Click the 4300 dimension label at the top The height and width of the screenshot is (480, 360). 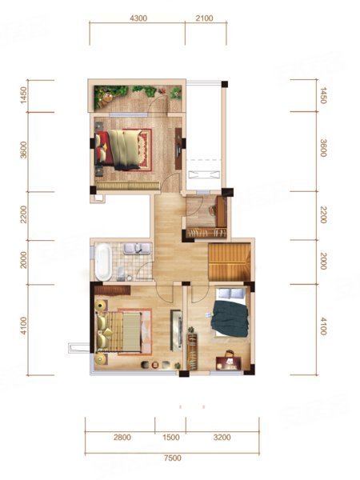point(138,18)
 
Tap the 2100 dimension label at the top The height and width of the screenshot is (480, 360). point(204,18)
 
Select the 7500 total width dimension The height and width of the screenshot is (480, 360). point(172,458)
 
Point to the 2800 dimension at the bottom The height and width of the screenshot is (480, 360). point(122,437)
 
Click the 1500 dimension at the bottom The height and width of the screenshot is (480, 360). point(171,437)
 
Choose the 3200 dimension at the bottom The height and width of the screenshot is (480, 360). point(222,437)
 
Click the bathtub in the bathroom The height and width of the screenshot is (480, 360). point(103,262)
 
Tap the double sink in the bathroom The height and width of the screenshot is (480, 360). point(138,248)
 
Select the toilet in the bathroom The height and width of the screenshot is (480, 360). point(122,274)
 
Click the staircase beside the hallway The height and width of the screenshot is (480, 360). point(230,262)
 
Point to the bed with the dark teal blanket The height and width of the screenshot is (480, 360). point(230,312)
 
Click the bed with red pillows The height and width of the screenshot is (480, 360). point(119,150)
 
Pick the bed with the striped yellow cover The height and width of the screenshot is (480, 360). point(118,332)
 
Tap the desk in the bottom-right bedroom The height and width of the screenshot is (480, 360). point(229,363)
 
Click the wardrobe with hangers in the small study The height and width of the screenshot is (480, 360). point(206,233)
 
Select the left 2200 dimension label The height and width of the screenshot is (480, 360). point(23,214)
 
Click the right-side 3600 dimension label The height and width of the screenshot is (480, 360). point(323,148)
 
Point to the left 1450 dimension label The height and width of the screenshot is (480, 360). point(23,95)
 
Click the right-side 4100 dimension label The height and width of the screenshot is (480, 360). point(323,326)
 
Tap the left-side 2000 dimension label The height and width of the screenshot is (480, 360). point(23,259)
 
